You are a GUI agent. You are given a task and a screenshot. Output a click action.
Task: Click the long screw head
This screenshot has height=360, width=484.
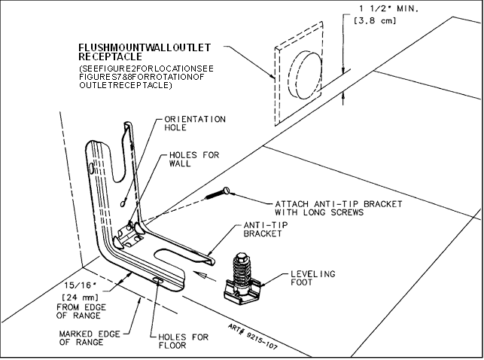[x=227, y=191]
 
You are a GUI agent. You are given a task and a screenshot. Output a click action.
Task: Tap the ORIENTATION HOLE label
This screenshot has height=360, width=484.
[x=195, y=124]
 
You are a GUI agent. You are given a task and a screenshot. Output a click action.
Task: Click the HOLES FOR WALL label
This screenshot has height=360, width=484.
[x=194, y=159]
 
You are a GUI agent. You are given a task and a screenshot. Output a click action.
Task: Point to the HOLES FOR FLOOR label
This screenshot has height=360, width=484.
[x=184, y=341]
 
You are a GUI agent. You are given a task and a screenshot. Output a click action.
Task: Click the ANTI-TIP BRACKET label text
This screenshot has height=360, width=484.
[x=266, y=229]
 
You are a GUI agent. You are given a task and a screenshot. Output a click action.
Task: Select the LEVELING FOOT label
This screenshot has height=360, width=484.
[x=312, y=278]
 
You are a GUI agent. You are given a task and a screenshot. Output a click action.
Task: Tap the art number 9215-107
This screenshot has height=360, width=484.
[x=253, y=337]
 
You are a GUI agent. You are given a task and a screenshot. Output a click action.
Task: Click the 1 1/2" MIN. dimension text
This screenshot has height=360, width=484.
[x=388, y=8]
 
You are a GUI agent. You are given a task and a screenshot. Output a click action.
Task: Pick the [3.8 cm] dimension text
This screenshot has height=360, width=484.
[x=374, y=20]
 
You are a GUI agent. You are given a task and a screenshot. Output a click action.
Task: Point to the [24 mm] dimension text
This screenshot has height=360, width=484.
[x=81, y=297]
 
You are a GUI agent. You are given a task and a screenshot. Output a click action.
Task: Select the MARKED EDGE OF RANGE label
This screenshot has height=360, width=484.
[x=90, y=337]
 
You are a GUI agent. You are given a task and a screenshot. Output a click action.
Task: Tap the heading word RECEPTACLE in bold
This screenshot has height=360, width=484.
[x=110, y=56]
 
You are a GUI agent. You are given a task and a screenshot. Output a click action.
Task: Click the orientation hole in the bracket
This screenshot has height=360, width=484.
[x=123, y=203]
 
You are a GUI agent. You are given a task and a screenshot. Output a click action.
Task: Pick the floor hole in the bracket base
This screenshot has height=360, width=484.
[x=158, y=280]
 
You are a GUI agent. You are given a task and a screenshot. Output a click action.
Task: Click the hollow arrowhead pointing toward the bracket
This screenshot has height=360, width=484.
[x=199, y=274]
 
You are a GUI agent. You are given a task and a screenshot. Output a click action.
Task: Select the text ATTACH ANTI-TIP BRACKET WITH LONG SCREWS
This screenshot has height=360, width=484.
[x=339, y=208]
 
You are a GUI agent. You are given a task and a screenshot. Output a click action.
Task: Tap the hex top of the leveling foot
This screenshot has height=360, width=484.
[x=240, y=256]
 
